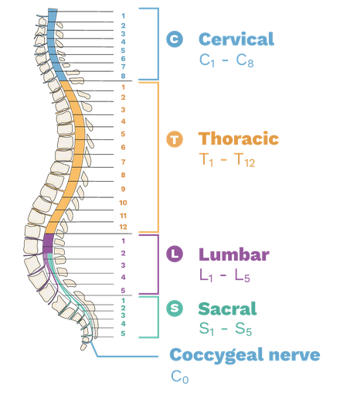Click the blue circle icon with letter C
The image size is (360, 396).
(x=175, y=39)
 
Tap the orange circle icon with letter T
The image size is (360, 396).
(x=175, y=139)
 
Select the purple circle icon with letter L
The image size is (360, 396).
(x=175, y=254)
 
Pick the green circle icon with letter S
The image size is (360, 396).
(x=175, y=309)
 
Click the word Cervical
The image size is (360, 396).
(x=236, y=39)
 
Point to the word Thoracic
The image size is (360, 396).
(x=239, y=138)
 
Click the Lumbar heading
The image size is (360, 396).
(x=234, y=254)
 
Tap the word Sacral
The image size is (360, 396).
(x=227, y=309)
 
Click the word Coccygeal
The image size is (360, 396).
(x=216, y=356)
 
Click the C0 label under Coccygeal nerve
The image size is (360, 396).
(x=180, y=377)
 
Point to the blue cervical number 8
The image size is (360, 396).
(x=123, y=76)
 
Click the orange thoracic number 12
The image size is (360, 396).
(x=123, y=227)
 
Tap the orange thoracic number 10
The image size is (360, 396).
(x=123, y=203)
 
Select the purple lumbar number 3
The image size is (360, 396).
(x=123, y=265)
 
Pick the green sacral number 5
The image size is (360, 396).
(x=123, y=333)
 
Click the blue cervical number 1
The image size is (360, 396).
(x=123, y=16)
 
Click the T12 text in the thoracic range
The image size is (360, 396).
(x=245, y=160)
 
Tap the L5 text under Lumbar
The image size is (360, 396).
(x=243, y=276)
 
